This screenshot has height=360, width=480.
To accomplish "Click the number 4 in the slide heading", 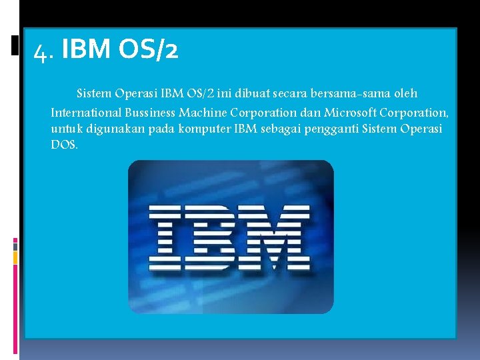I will pos(41,51).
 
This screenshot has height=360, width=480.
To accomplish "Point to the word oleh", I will pos(404,93).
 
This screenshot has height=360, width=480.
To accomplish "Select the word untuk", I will pos(65,128).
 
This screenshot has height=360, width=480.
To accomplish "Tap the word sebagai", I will pos(283,128).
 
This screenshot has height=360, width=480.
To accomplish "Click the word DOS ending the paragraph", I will pos(63,145).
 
